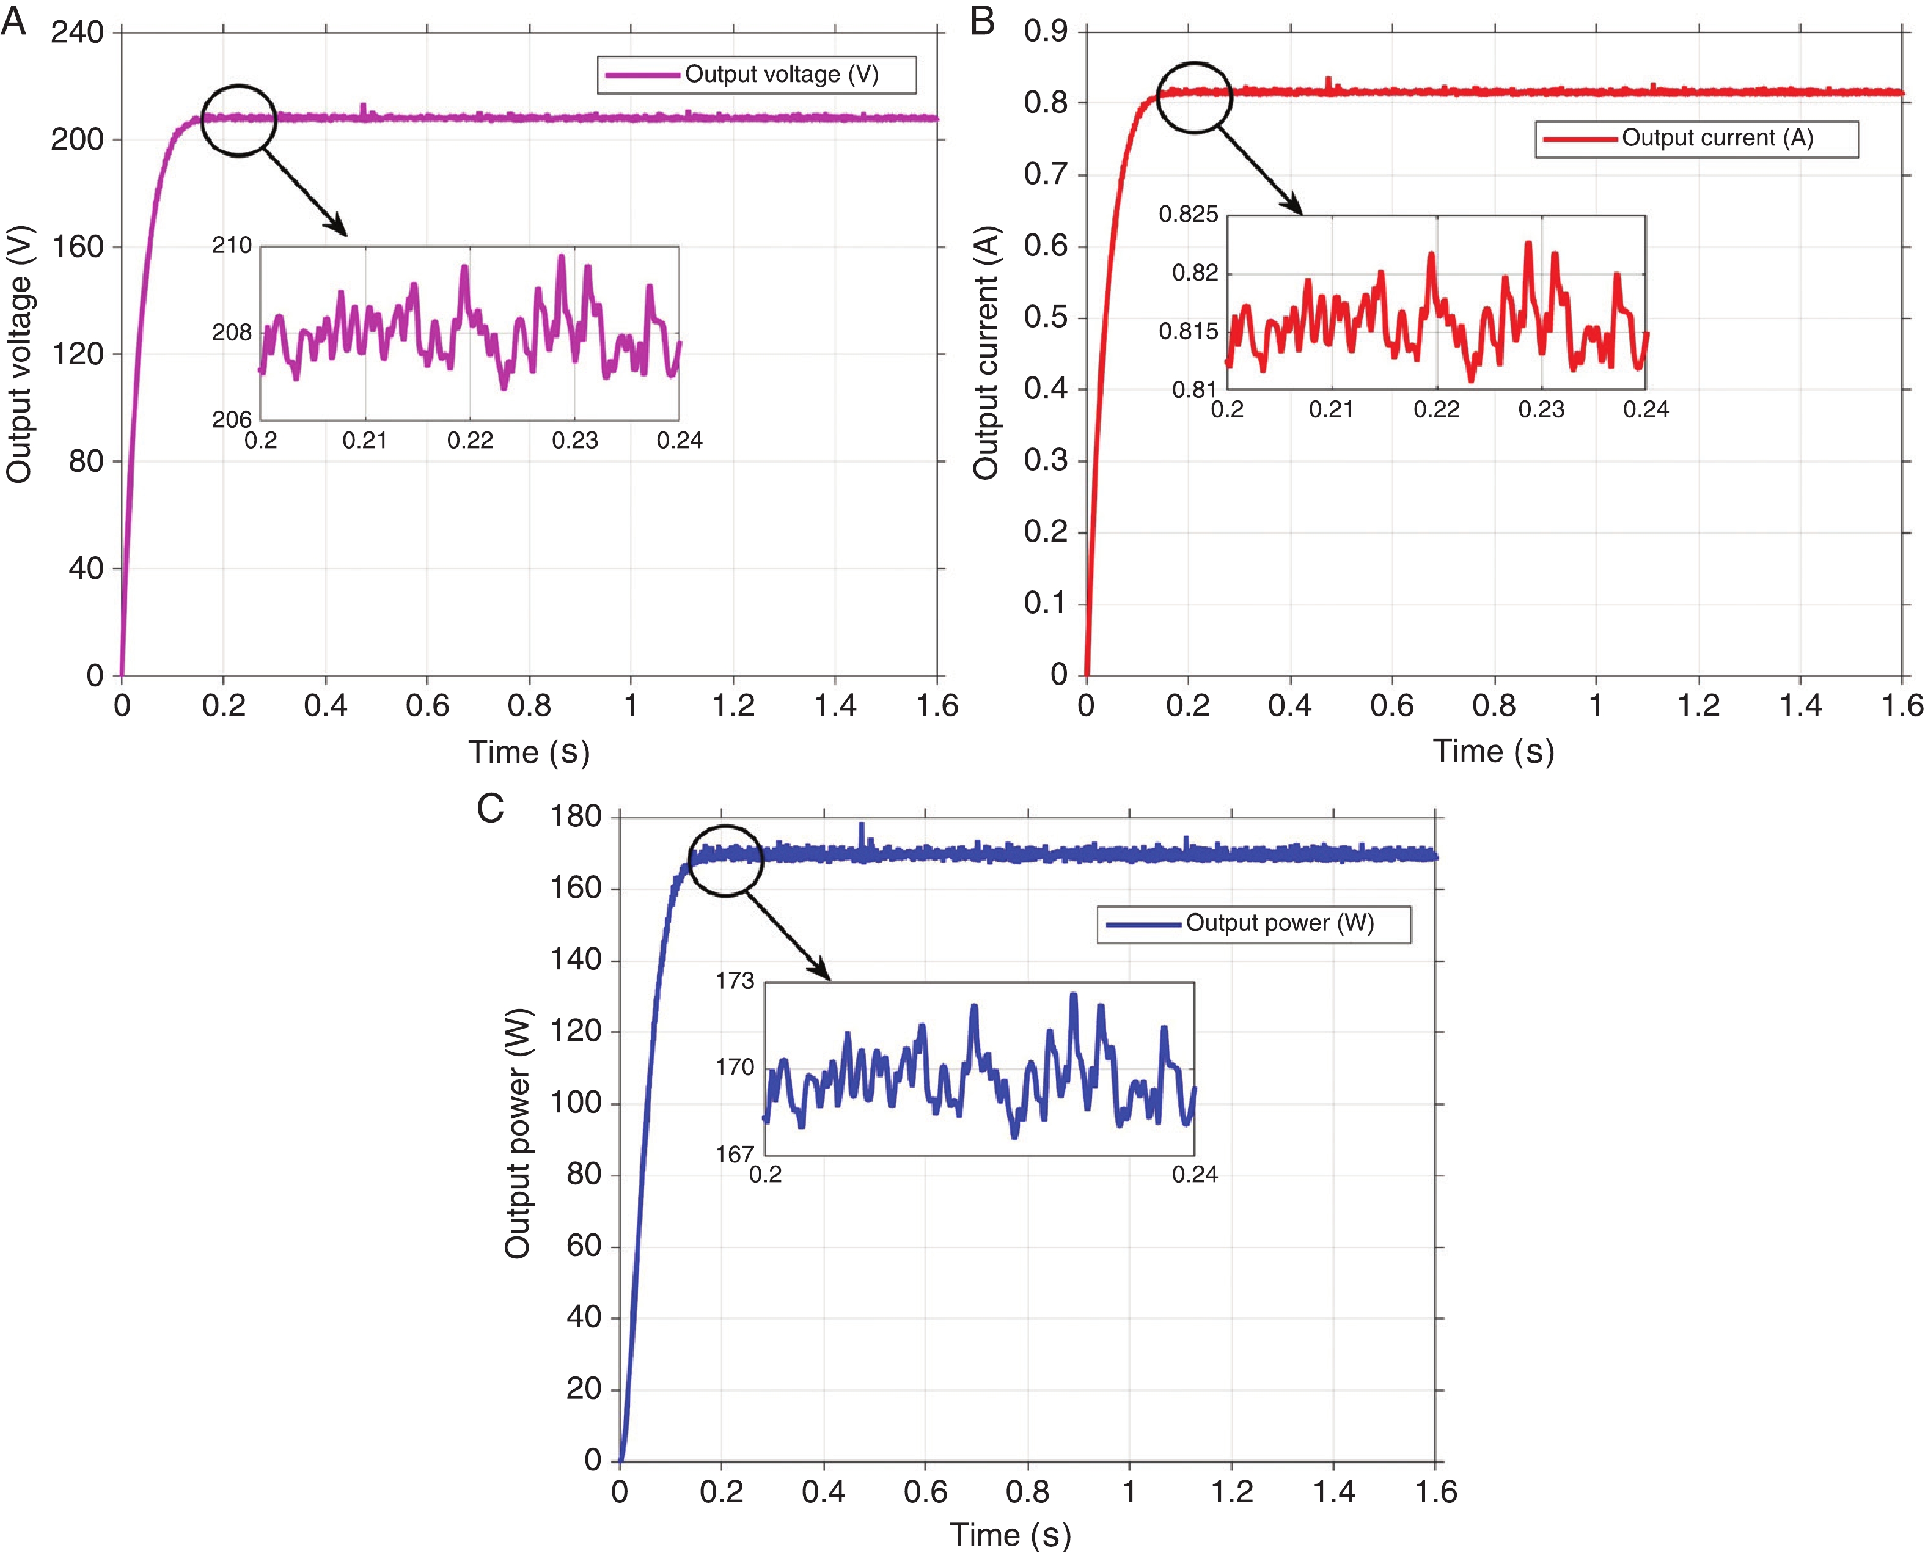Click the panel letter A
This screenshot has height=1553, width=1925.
(13, 20)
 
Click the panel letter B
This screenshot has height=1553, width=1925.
(982, 20)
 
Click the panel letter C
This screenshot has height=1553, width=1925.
(490, 809)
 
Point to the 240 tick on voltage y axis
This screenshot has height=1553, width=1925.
(77, 33)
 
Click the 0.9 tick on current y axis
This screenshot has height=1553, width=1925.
(1046, 32)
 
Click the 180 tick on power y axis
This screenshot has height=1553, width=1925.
(576, 816)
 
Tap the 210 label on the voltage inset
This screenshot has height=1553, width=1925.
(232, 245)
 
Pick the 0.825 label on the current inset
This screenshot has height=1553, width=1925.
(1188, 215)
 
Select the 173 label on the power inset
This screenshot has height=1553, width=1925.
(735, 982)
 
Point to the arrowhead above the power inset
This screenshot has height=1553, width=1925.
(822, 972)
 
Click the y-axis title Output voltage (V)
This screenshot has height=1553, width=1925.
(19, 354)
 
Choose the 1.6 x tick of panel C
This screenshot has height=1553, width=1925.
(1436, 1492)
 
